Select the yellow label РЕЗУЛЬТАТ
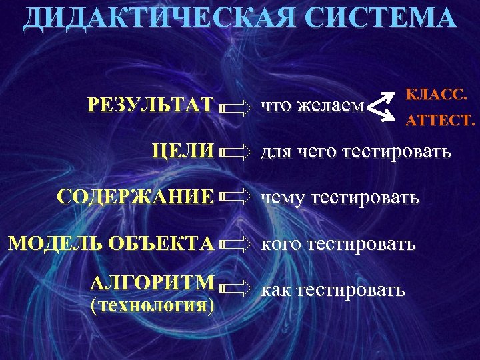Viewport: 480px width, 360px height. click(x=151, y=105)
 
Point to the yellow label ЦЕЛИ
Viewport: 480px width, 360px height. click(x=183, y=151)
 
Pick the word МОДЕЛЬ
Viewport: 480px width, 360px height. click(x=51, y=243)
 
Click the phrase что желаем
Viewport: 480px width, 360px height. click(x=312, y=105)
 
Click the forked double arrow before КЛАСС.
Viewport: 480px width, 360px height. click(x=380, y=107)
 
